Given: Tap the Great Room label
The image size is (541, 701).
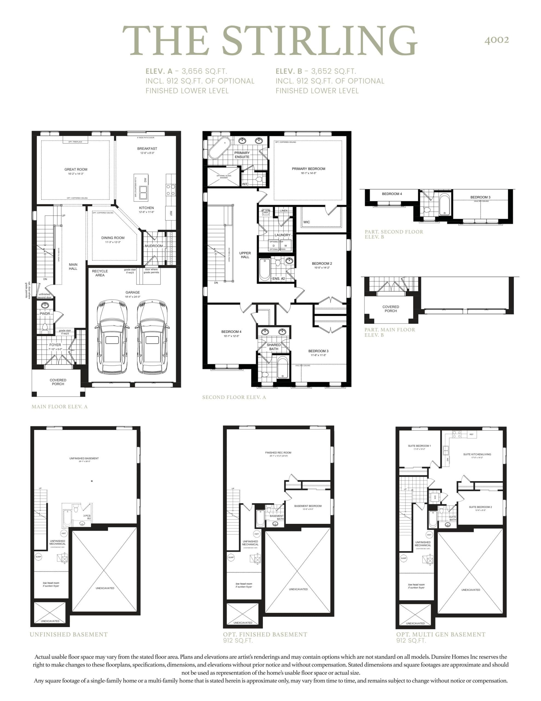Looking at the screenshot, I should click(x=76, y=169).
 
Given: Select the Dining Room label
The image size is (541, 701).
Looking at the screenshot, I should click(x=113, y=238).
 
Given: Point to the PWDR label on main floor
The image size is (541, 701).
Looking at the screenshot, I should click(x=45, y=314).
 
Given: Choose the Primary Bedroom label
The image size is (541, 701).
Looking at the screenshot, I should click(x=309, y=169).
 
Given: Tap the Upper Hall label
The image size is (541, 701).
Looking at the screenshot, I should click(x=245, y=255).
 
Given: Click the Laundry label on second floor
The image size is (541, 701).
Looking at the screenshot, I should click(x=283, y=235).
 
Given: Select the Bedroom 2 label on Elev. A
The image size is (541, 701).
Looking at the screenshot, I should click(x=322, y=263).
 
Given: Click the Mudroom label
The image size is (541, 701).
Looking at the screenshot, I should click(x=154, y=246).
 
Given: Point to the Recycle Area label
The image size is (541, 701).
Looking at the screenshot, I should click(x=100, y=273).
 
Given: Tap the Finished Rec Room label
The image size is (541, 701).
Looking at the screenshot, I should click(x=278, y=453).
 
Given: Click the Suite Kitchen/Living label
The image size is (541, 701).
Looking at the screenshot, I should click(x=477, y=454).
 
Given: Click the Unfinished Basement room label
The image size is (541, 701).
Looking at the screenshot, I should click(x=84, y=458).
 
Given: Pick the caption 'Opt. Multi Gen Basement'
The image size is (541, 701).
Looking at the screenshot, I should click(x=441, y=634).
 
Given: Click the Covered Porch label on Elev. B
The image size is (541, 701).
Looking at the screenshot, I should click(x=391, y=309).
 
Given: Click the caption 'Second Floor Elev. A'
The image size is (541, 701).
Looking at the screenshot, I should click(x=234, y=397).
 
